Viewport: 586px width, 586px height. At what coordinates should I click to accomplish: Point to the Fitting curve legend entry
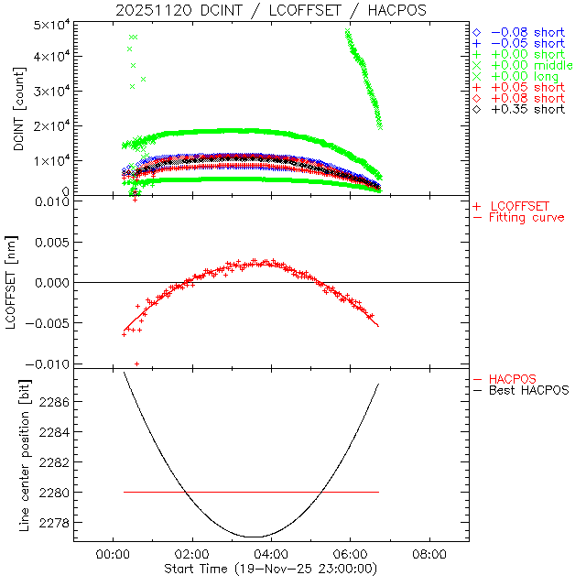pyautogui.click(x=526, y=217)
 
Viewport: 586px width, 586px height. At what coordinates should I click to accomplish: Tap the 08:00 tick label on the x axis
pyautogui.click(x=429, y=555)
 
